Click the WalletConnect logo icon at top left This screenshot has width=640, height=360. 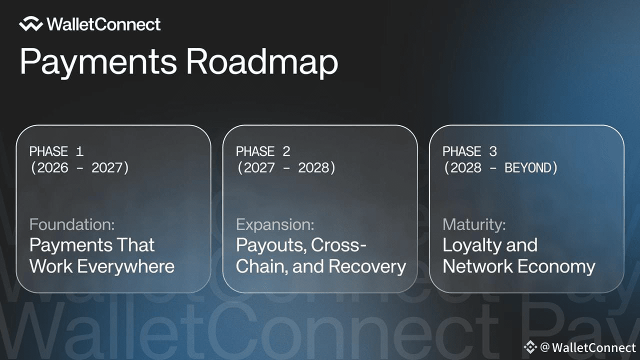(31, 23)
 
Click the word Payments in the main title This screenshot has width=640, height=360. (98, 62)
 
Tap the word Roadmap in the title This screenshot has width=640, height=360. (262, 62)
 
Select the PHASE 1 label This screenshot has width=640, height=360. (56, 151)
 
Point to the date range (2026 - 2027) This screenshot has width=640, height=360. (79, 167)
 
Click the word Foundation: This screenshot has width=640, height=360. (72, 224)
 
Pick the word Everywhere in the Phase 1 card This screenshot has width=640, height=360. (125, 266)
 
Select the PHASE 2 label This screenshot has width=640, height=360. (263, 151)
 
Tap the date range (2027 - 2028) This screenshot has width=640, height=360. (286, 167)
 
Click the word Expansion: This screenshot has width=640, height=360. (275, 224)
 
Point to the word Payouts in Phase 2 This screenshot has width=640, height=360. (271, 245)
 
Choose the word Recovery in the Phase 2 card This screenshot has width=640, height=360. (367, 266)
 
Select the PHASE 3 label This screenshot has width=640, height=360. (469, 151)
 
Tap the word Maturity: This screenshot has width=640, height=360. (474, 224)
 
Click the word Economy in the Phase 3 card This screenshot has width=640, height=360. (556, 266)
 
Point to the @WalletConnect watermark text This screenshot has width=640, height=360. (588, 347)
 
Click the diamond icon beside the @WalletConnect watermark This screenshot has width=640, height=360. (530, 347)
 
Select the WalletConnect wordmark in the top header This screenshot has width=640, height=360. (103, 24)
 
